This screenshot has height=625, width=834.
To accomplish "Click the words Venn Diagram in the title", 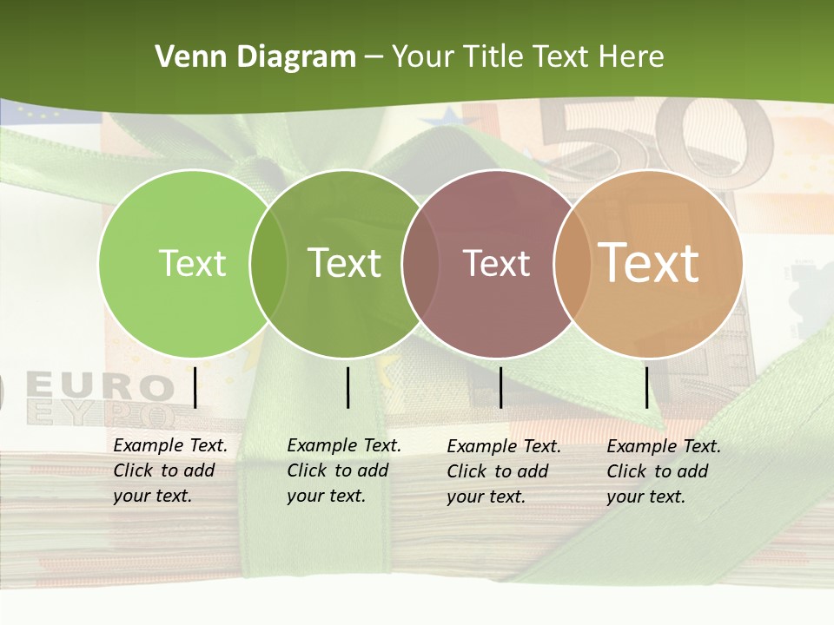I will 255,57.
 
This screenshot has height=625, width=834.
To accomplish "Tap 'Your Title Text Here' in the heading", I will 527,57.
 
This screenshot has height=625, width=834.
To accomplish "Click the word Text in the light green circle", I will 193,263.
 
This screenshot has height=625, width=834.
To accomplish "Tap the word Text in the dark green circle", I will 345,263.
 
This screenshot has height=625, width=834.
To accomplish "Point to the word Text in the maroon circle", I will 497,263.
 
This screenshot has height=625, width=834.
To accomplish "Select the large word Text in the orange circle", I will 649,262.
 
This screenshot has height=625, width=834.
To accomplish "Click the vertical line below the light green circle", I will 195,387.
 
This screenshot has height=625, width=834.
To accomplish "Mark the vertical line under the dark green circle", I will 347,387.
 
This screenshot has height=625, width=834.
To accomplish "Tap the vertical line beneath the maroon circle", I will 500,387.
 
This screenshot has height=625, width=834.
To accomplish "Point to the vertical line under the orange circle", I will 646,387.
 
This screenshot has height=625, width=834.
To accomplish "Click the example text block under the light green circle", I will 170,470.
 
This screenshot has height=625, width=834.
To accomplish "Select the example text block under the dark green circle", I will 344,470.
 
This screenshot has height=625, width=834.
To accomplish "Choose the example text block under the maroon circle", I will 504,471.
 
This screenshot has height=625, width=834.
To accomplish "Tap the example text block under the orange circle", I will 664,471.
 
